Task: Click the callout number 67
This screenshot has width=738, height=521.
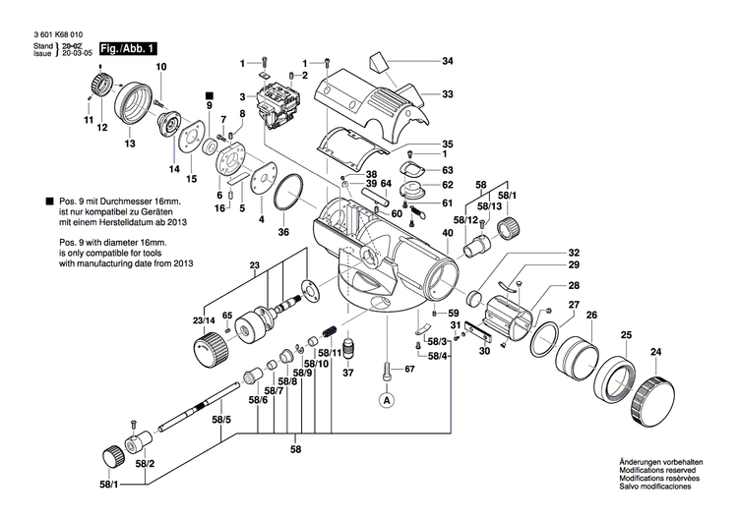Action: coord(410,370)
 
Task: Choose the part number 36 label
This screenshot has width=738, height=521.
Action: coord(283,232)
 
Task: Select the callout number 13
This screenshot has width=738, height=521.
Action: coord(129,144)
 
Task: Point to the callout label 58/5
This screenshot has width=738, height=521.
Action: coord(222,421)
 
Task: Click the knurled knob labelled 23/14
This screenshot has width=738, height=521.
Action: coord(208,348)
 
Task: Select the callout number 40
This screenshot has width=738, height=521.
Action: coord(448,233)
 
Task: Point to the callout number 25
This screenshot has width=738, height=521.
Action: coord(625,336)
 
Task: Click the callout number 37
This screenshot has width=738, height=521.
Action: coord(346,374)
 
